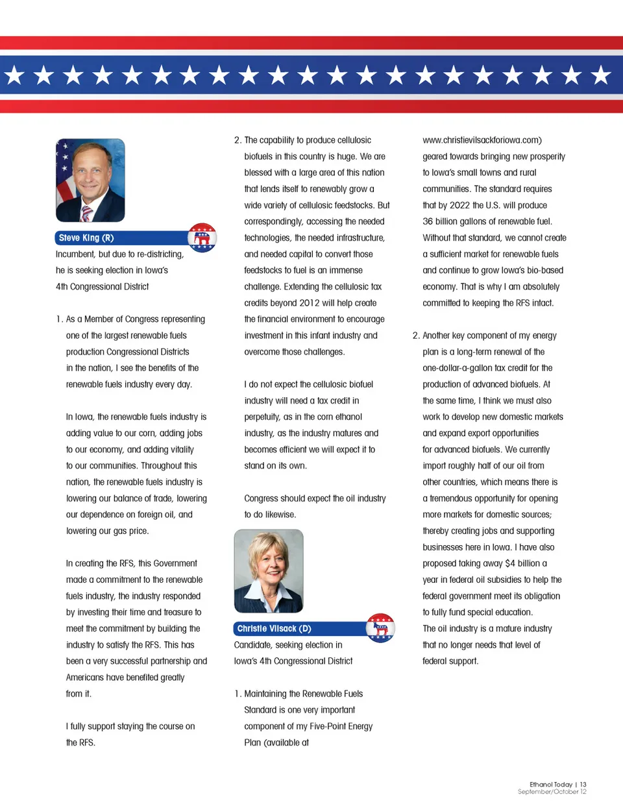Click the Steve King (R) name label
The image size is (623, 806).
pos(86,238)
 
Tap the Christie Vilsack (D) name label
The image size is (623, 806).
pos(274,629)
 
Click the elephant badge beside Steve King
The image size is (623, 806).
pos(202,238)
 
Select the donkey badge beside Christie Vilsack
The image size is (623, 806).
pos(380,628)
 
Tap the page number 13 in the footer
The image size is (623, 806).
pos(583,785)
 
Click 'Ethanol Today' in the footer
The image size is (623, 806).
pos(551,785)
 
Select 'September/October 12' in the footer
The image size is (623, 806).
pos(552,792)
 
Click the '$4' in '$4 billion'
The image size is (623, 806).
pos(510,564)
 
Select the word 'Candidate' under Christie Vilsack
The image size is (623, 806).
pos(252,645)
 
